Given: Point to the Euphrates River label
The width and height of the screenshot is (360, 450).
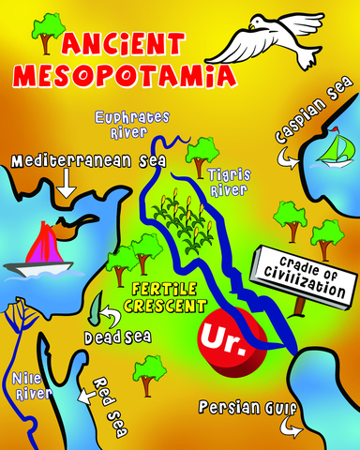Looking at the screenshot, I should coord(132,124).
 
